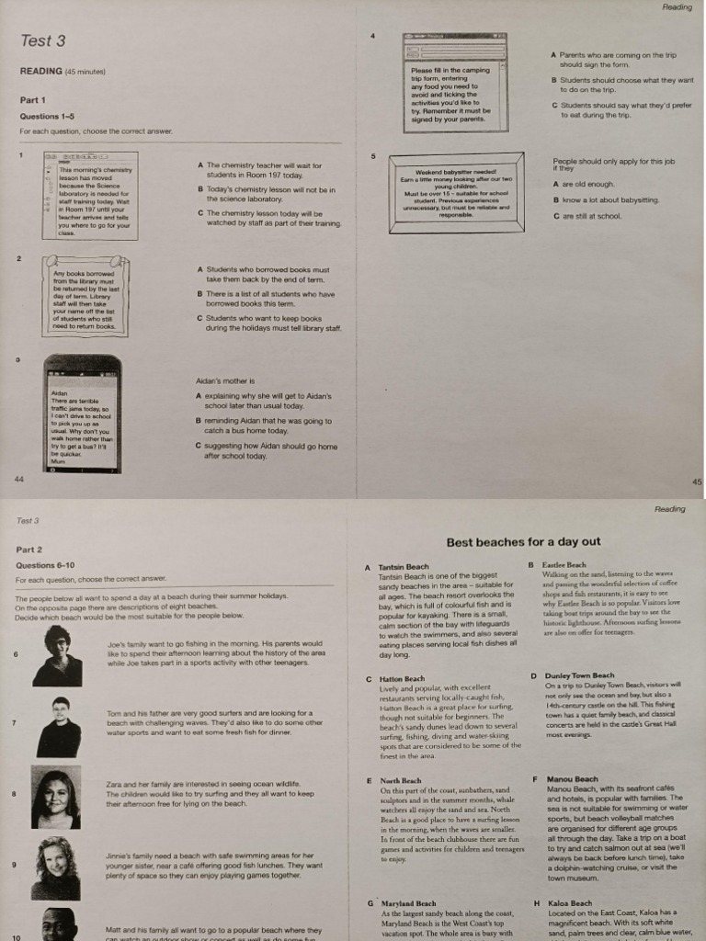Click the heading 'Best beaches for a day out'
523,542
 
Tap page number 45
696,481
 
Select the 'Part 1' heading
33,99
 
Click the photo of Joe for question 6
57,656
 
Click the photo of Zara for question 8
55,799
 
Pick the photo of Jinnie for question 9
57,867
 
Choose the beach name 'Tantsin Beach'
404,567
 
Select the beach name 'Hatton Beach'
402,678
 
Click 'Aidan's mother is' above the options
225,380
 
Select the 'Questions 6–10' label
45,565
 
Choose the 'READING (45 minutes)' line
63,71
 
